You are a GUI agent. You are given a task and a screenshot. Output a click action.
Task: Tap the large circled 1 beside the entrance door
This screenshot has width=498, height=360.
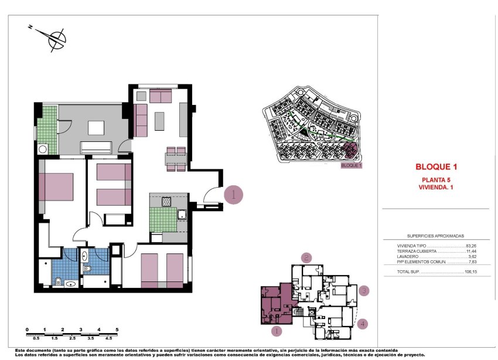pos(234,194)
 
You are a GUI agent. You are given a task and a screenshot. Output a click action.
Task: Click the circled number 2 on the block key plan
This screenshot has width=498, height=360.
pos(306,257)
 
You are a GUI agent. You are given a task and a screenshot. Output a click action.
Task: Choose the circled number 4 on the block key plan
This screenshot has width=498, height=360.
pos(363,323)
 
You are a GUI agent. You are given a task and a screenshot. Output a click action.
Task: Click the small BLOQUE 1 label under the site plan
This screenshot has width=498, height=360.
pos(352,165)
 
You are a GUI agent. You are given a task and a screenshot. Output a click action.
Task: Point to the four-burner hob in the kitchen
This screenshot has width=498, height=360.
pos(166,202)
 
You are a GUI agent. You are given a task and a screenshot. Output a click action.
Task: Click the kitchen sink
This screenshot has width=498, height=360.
pos(182,215)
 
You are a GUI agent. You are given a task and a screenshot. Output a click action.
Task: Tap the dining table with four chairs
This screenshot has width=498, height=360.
pos(176,158)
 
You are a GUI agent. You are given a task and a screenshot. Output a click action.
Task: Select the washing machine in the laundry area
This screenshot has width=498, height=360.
pos(42,150)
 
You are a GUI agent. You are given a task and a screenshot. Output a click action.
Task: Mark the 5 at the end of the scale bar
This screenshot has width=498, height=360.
pos(117,330)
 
